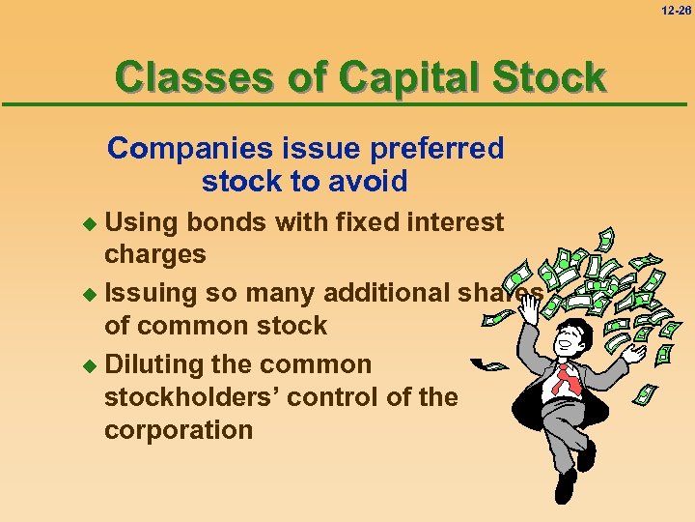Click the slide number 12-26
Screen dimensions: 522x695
[x=677, y=10]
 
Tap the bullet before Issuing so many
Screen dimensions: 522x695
[x=92, y=293]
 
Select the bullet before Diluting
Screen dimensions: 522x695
[x=92, y=365]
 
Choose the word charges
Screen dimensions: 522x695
[x=154, y=254]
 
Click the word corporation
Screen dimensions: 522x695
[x=179, y=429]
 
